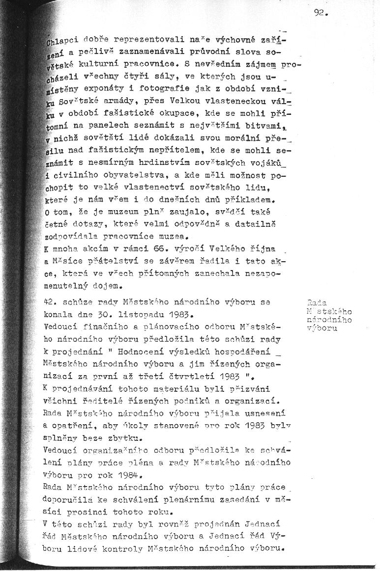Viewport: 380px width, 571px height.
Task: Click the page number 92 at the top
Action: coord(320,14)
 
